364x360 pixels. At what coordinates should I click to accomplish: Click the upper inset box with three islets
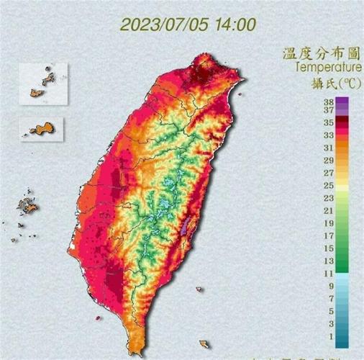[43, 84]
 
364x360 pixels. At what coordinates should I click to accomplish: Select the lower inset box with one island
[42, 129]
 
